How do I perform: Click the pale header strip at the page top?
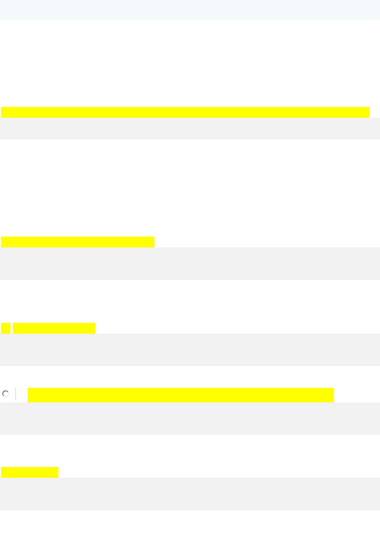pyautogui.click(x=190, y=10)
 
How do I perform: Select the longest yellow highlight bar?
pyautogui.click(x=185, y=112)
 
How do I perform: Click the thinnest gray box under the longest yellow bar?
pyautogui.click(x=190, y=128)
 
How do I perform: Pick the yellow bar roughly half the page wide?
pyautogui.click(x=78, y=242)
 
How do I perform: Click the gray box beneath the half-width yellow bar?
pyautogui.click(x=190, y=263)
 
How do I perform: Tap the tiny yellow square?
pyautogui.click(x=6, y=328)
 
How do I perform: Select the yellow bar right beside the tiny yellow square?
pyautogui.click(x=54, y=328)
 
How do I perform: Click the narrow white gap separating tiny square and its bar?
pyautogui.click(x=12, y=328)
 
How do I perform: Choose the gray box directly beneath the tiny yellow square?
pyautogui.click(x=190, y=350)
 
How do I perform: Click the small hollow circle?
pyautogui.click(x=6, y=394)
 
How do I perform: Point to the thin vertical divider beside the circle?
pyautogui.click(x=16, y=394)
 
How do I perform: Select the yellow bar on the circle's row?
pyautogui.click(x=181, y=395)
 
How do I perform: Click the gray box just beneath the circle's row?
pyautogui.click(x=190, y=418)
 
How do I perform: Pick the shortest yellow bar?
pyautogui.click(x=30, y=472)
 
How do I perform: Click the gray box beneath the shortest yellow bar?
pyautogui.click(x=190, y=494)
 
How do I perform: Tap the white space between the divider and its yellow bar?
pyautogui.click(x=22, y=394)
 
